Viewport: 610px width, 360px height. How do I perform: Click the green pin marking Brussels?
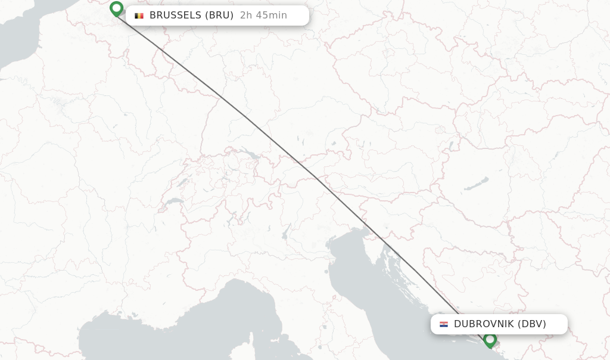117,8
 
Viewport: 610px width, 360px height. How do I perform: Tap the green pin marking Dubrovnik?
490,340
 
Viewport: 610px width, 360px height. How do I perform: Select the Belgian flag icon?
139,15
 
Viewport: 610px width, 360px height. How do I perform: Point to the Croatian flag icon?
444,324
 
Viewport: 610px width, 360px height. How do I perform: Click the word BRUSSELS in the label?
175,15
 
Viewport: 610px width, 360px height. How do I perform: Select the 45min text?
272,15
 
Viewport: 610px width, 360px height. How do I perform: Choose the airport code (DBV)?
532,324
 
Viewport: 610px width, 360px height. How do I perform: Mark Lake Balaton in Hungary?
477,183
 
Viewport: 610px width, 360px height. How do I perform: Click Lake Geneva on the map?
174,201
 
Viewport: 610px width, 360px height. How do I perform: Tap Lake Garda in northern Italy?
287,231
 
